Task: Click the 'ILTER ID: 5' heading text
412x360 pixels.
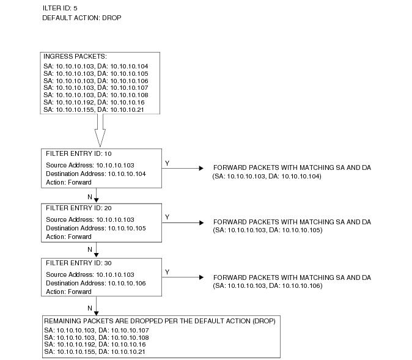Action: coord(60,8)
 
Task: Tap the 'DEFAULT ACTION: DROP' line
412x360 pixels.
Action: coord(82,18)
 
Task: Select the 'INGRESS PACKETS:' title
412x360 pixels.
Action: coord(75,56)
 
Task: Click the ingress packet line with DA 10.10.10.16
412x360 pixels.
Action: coord(94,102)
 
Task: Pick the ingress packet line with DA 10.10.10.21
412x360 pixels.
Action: coord(94,109)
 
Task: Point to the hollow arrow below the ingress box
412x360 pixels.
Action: coord(100,130)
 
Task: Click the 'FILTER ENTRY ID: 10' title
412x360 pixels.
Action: coord(79,153)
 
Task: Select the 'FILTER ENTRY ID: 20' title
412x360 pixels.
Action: coord(79,208)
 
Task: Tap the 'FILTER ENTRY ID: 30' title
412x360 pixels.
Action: coord(79,263)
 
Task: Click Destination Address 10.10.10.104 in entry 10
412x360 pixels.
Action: coord(95,174)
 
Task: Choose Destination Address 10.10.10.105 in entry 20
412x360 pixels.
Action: coord(95,228)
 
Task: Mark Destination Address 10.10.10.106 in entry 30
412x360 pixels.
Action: coord(95,283)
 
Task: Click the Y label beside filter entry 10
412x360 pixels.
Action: coord(167,163)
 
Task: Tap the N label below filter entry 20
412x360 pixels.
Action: coord(90,249)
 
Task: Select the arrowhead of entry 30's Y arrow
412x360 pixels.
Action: coord(202,277)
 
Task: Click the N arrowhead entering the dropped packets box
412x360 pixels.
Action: coord(96,313)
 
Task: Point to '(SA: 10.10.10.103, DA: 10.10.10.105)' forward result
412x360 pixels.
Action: coord(268,230)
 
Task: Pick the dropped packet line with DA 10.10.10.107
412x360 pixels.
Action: coord(97,330)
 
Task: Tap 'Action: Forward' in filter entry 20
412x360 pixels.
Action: coord(68,237)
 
